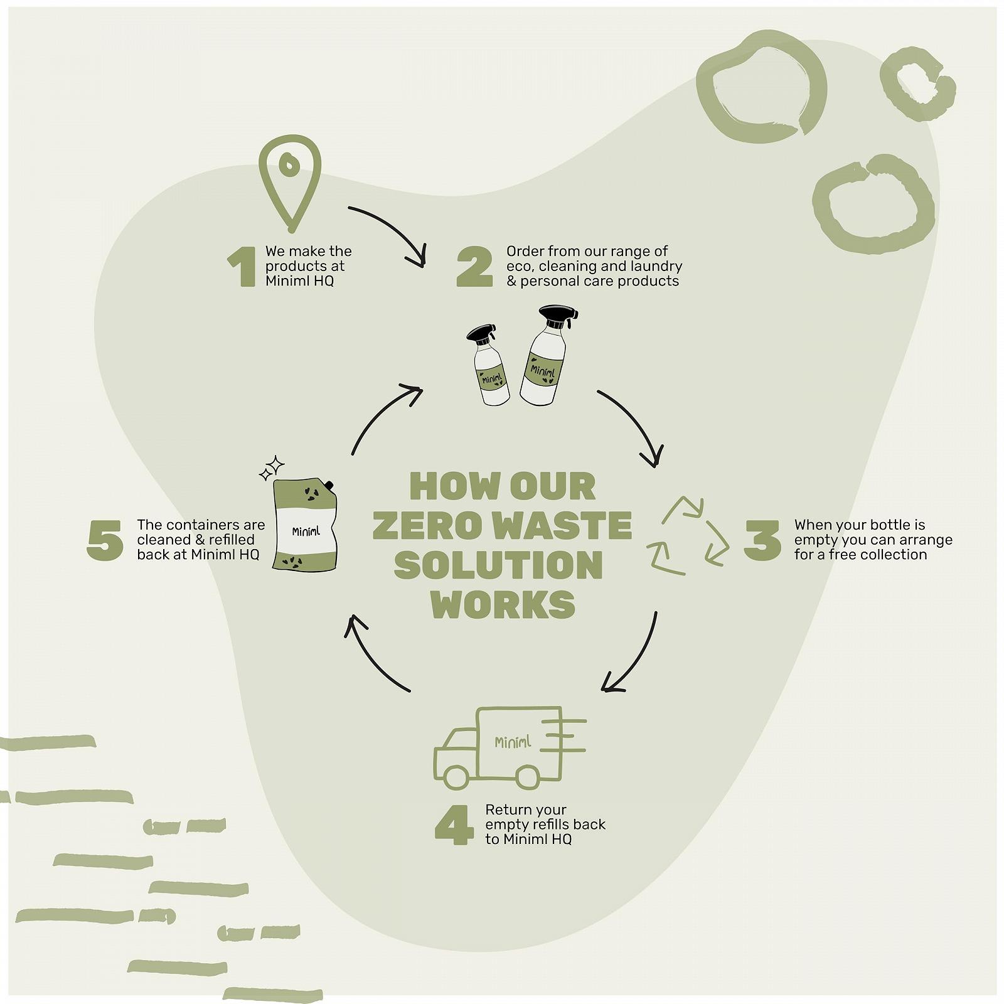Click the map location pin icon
click(x=290, y=182)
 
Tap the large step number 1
click(x=242, y=267)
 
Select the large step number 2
click(x=474, y=267)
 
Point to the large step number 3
click(x=762, y=540)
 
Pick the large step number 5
click(x=105, y=540)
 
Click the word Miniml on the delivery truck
click(x=513, y=742)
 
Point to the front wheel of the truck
click(x=456, y=777)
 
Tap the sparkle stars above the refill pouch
click(x=272, y=468)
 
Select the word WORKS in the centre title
click(x=503, y=604)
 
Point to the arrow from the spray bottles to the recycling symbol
click(x=634, y=424)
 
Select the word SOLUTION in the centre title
click(x=499, y=565)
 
